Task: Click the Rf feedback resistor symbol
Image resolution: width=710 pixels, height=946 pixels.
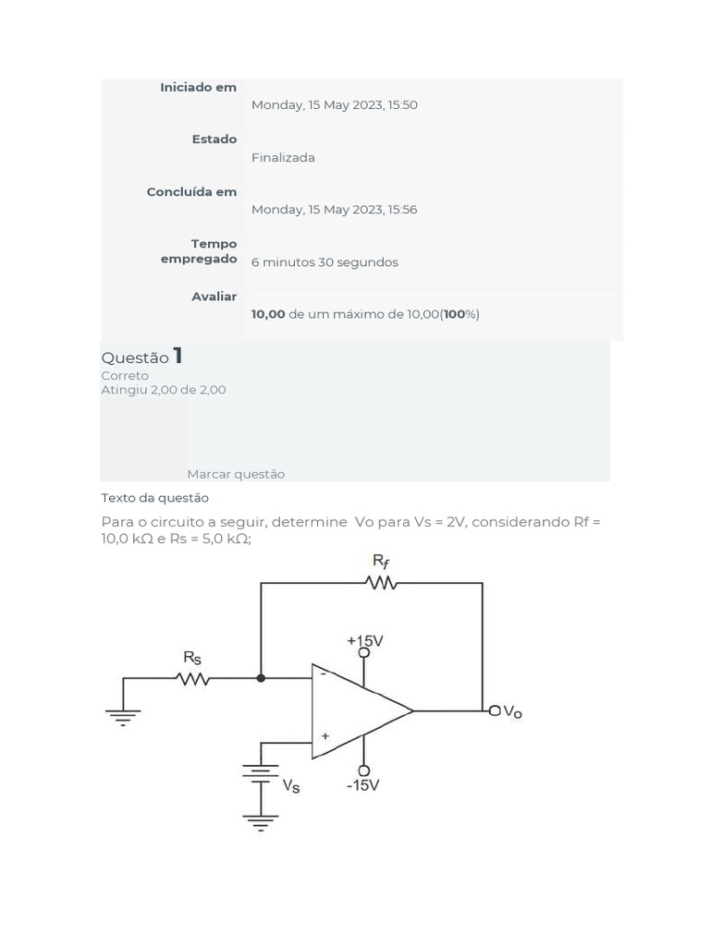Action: point(381,583)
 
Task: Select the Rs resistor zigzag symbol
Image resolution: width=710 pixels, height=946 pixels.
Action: point(192,679)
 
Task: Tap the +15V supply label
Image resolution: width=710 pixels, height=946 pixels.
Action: point(365,640)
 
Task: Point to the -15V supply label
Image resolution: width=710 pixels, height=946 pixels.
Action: point(363,785)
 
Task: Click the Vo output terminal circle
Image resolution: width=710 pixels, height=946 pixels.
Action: point(496,710)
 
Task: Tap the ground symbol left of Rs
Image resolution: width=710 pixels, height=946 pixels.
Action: point(124,716)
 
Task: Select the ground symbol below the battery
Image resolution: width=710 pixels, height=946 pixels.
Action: point(261,821)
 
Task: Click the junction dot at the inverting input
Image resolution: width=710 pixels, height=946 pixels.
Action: point(261,678)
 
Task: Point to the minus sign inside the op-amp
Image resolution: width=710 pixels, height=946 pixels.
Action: point(323,673)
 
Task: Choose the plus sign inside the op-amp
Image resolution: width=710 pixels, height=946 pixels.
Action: point(324,736)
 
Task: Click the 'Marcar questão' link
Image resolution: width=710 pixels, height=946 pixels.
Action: point(236,474)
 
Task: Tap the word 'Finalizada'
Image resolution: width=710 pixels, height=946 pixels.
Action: point(283,158)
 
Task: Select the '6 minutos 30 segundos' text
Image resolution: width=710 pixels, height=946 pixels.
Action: point(324,262)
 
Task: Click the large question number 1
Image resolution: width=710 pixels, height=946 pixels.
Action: point(177,356)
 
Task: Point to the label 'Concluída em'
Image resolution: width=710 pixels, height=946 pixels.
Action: point(191,192)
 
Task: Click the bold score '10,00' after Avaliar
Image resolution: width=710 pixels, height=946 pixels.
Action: point(268,314)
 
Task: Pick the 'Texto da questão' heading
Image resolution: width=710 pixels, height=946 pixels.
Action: point(154,498)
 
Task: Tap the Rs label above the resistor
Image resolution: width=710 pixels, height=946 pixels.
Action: point(191,657)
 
